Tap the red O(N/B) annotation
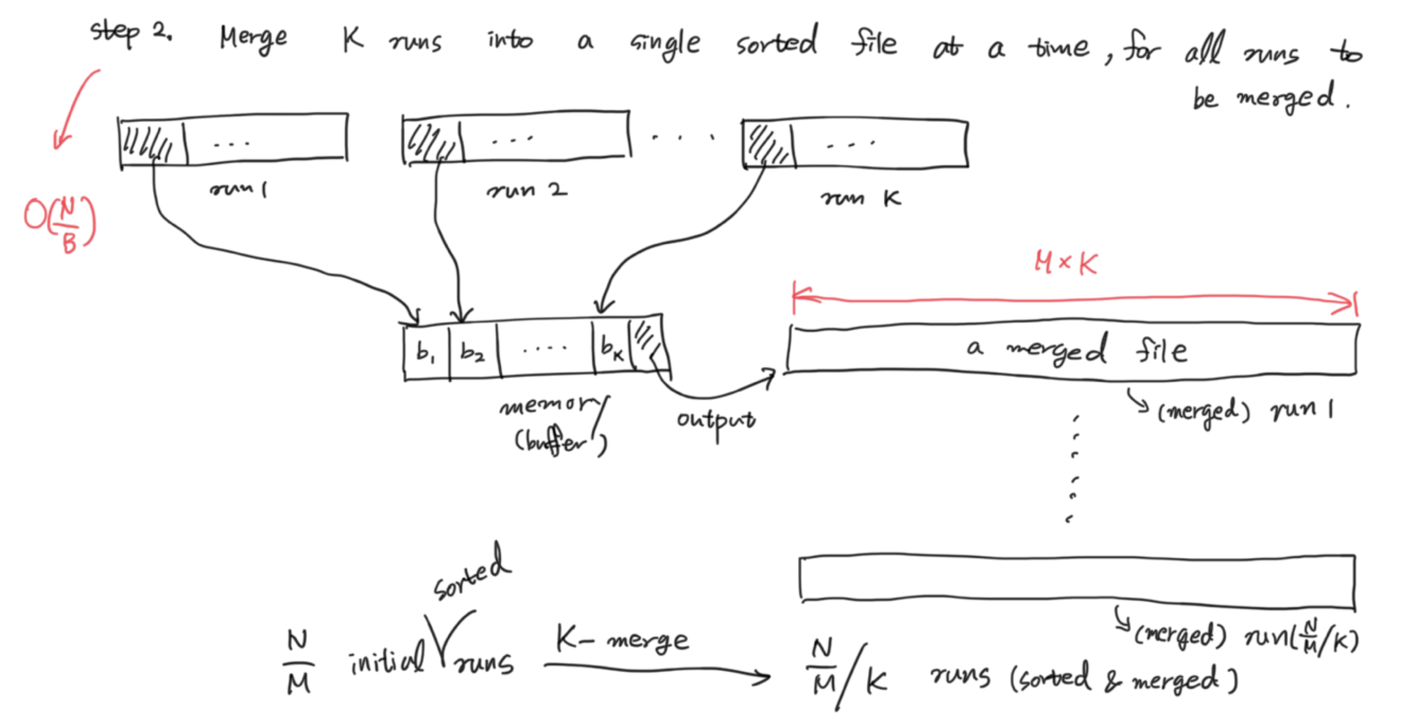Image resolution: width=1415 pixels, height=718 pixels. click(x=60, y=224)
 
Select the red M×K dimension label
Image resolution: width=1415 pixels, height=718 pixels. click(x=1066, y=263)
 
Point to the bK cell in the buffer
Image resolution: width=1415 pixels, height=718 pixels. click(x=611, y=348)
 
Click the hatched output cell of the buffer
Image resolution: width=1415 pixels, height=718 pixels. click(x=648, y=344)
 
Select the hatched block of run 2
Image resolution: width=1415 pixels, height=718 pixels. click(x=432, y=141)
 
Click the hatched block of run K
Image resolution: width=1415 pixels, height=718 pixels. click(x=767, y=144)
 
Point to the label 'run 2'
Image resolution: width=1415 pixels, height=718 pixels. click(x=526, y=191)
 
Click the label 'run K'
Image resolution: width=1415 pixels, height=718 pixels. click(x=860, y=198)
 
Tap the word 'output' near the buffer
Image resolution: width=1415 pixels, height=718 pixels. click(x=716, y=421)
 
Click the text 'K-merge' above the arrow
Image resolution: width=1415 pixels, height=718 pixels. click(x=622, y=639)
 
